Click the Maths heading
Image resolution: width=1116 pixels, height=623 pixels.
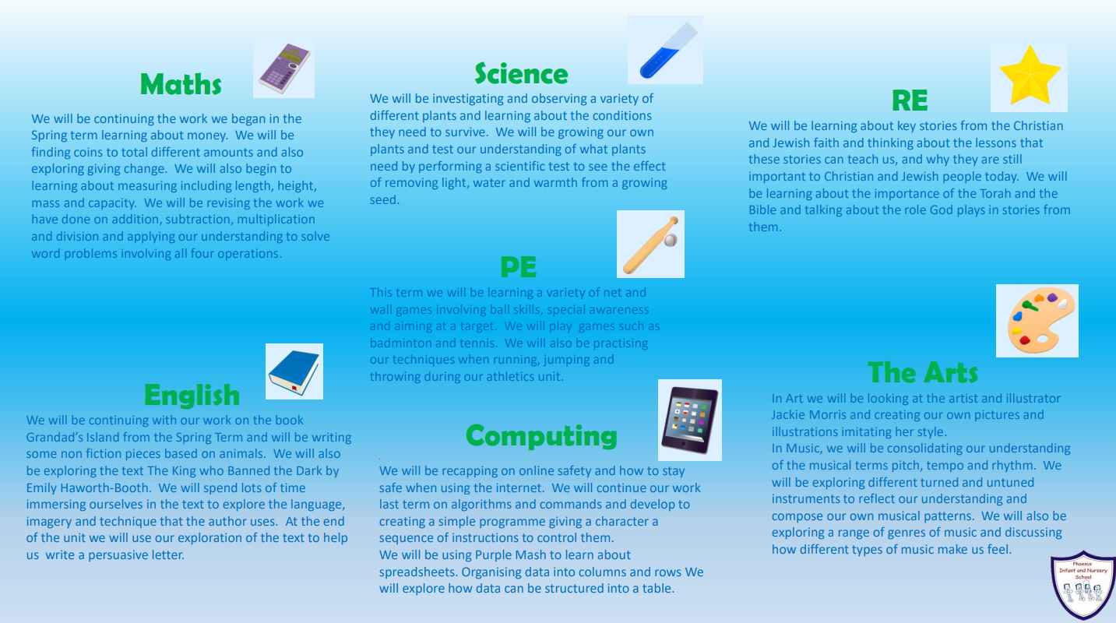181,84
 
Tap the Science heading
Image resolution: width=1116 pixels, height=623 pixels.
521,74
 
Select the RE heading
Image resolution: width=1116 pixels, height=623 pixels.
910,100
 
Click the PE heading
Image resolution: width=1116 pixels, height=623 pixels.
518,267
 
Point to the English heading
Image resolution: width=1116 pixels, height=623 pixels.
192,396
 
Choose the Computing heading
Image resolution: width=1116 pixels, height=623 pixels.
541,437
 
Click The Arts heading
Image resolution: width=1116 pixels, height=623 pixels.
923,372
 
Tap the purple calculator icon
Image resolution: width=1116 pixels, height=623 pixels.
284,69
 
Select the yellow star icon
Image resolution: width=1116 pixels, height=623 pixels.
1030,76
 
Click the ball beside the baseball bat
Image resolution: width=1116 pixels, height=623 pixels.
671,241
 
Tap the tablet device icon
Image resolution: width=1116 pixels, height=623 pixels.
690,421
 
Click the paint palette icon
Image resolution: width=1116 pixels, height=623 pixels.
1037,320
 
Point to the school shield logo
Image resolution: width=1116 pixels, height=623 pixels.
1083,585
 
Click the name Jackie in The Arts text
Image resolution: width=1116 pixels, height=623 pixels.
789,415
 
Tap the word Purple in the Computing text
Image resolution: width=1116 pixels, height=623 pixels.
493,555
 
